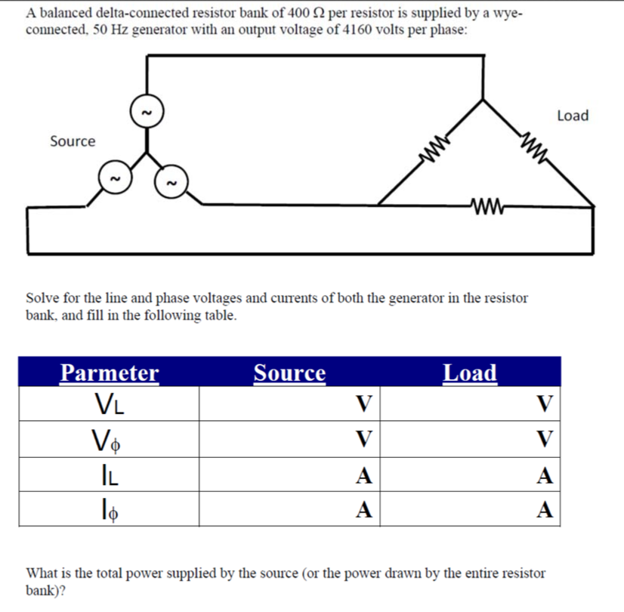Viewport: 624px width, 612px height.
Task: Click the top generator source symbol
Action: click(x=147, y=111)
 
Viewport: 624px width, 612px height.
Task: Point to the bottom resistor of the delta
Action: click(x=486, y=203)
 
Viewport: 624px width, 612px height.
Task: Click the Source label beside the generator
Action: click(x=73, y=141)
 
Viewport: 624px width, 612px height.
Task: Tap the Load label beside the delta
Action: click(x=572, y=116)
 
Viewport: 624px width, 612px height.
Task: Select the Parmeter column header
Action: click(x=110, y=372)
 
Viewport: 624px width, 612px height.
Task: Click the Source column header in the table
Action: click(x=289, y=372)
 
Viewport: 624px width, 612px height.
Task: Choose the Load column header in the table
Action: click(x=470, y=372)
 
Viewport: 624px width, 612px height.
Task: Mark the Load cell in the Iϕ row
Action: click(x=470, y=509)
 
